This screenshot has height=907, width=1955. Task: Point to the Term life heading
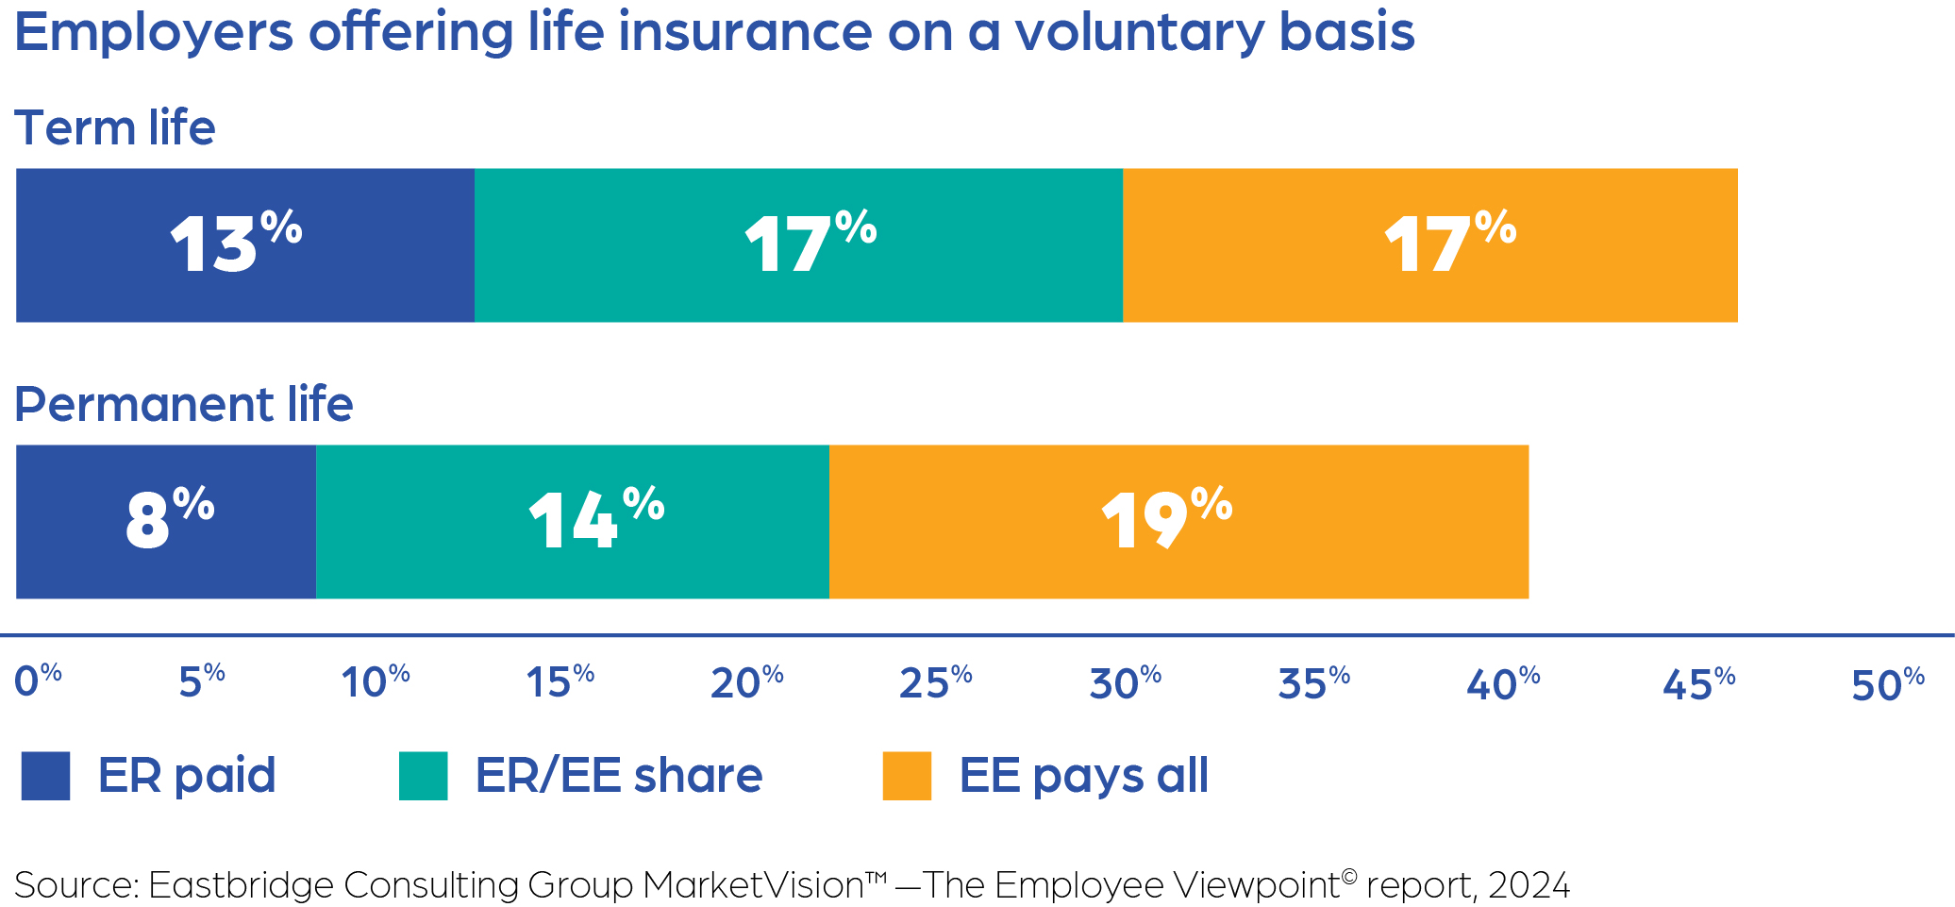coord(115,127)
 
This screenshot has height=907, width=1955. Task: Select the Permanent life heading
coord(184,404)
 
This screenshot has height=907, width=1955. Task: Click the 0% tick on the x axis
coord(38,681)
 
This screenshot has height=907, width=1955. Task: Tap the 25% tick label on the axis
coord(935,681)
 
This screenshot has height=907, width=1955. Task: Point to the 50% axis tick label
coord(1888,683)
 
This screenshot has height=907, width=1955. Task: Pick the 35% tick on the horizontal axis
coord(1313,681)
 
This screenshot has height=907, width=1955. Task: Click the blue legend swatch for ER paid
coord(45,776)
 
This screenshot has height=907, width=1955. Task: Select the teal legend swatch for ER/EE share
coord(423,776)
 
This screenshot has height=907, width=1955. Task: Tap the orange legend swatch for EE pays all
coord(907,776)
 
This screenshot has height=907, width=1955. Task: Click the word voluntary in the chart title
coord(1140,32)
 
